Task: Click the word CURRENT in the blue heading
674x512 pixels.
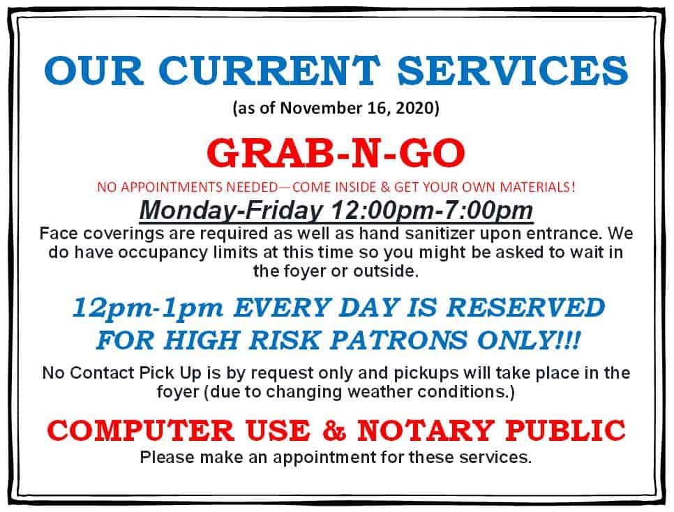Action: (269, 70)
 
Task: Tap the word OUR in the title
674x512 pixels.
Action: (93, 70)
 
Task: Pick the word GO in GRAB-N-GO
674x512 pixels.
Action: (433, 153)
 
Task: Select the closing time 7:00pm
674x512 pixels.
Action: (494, 211)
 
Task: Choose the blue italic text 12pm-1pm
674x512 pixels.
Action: (148, 308)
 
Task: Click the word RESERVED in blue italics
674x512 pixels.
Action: (525, 308)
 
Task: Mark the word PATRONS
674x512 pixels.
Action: (398, 340)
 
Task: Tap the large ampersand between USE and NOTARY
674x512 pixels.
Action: (334, 430)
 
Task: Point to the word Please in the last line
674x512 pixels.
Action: (167, 457)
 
